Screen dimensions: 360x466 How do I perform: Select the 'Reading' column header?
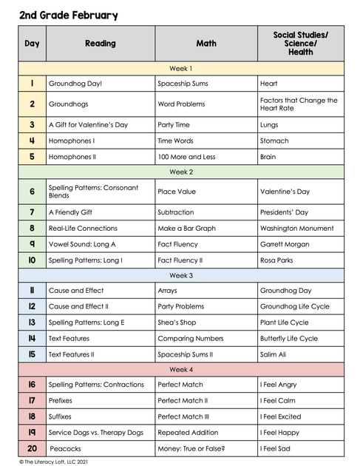tap(101, 44)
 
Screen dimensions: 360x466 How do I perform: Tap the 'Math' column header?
tap(206, 44)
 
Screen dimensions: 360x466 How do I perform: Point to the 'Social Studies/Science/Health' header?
tap(301, 44)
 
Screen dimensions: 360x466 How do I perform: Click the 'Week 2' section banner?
tap(181, 172)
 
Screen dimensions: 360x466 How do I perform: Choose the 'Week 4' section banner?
tap(181, 369)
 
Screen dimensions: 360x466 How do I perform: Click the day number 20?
tap(32, 448)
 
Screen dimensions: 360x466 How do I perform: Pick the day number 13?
tap(32, 323)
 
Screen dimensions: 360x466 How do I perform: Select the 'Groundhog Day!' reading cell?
tap(75, 84)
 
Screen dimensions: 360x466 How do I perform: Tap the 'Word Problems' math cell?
tap(181, 104)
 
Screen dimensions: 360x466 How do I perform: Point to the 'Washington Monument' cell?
tap(296, 229)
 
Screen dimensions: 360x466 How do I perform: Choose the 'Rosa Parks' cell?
tap(279, 260)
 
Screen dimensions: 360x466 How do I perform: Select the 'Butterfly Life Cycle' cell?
tap(289, 338)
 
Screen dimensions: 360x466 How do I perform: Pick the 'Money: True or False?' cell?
tap(191, 448)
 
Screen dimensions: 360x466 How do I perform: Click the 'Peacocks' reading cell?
tap(66, 448)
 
